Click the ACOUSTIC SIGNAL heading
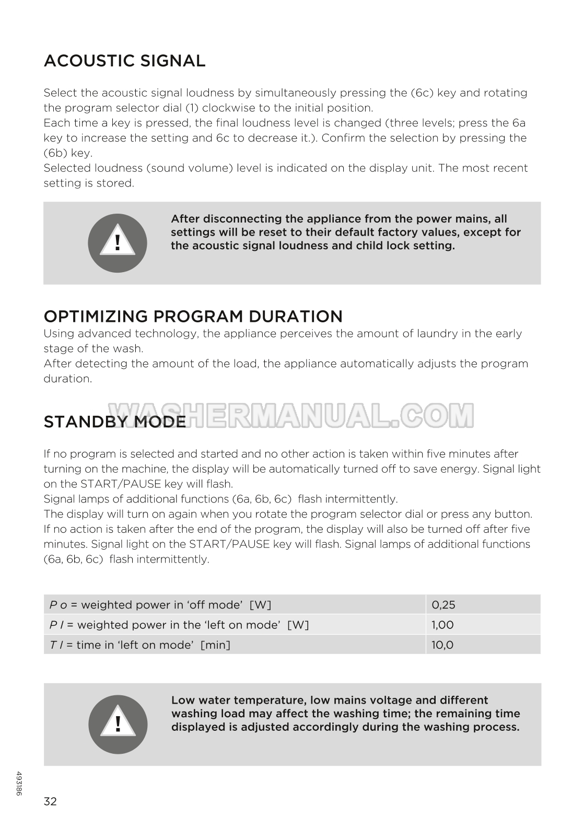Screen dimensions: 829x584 coord(124,61)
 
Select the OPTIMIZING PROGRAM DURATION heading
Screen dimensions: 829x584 coord(193,316)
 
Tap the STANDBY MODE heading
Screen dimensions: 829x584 coord(114,421)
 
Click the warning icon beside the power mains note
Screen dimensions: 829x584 coord(118,243)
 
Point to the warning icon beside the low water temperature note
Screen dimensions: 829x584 coord(118,724)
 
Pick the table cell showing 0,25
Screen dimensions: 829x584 coord(443,605)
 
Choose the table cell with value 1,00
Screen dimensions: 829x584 coord(442,625)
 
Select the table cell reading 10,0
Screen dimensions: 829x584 coord(442,645)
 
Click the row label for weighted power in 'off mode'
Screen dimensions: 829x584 coord(160,605)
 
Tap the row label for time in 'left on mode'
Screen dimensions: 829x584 coord(140,645)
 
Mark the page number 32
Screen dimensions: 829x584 coord(50,801)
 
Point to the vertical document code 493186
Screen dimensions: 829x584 coord(19,784)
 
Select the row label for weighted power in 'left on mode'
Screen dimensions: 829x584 coord(179,625)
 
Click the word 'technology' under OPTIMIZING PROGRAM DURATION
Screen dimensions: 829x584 coord(166,333)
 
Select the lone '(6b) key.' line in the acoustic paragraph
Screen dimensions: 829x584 coord(68,153)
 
